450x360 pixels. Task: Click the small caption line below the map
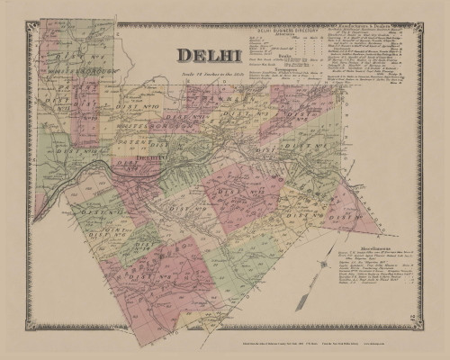(x=225, y=346)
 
